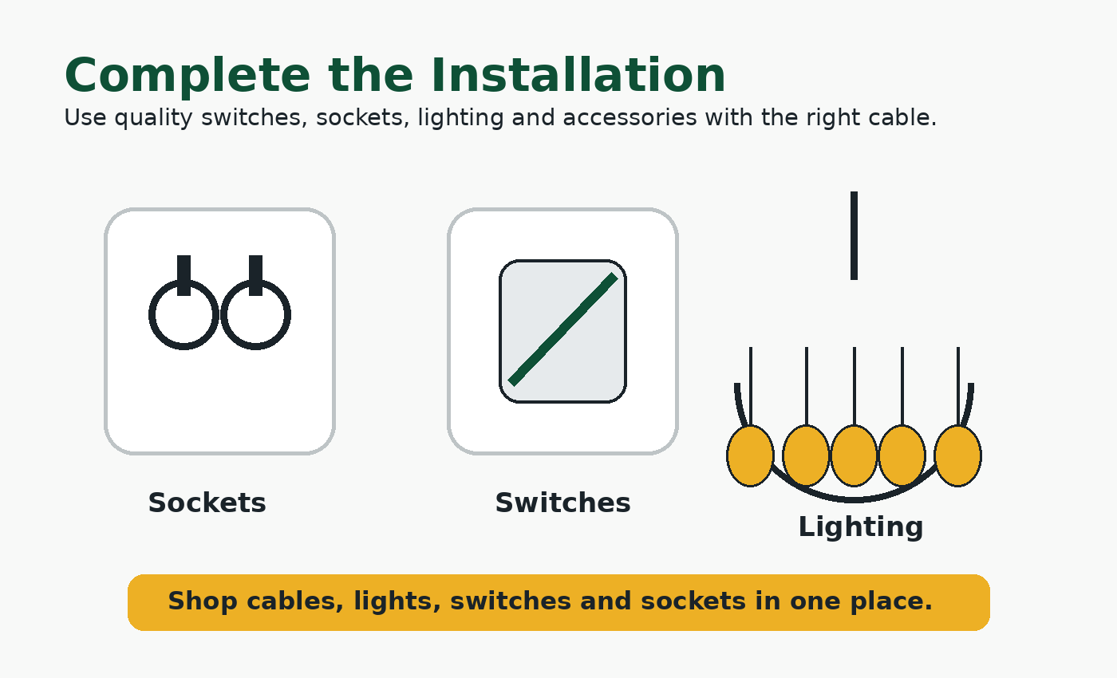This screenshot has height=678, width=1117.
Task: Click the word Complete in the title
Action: tap(187, 76)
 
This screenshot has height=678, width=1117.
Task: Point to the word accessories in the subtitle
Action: tap(630, 118)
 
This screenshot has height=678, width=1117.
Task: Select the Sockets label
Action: tap(207, 503)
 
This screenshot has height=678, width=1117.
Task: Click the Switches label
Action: tap(563, 503)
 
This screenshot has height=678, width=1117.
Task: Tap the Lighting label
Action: tap(861, 528)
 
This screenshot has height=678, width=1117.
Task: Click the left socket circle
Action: tap(150, 315)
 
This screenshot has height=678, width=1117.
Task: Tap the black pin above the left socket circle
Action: tap(184, 275)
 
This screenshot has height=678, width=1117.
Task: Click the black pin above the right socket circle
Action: tap(255, 275)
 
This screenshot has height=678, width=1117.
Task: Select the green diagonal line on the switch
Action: tap(563, 329)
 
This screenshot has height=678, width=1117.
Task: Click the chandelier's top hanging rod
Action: tap(854, 235)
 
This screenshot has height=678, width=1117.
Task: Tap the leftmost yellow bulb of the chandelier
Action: tap(750, 455)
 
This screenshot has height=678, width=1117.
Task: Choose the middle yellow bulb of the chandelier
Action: tap(854, 455)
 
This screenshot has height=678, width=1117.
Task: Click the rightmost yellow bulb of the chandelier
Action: tap(958, 455)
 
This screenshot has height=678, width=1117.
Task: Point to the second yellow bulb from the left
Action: tap(806, 455)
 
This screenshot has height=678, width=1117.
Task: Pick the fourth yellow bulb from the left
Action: tap(902, 455)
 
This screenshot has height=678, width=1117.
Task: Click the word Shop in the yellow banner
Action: tap(202, 601)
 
